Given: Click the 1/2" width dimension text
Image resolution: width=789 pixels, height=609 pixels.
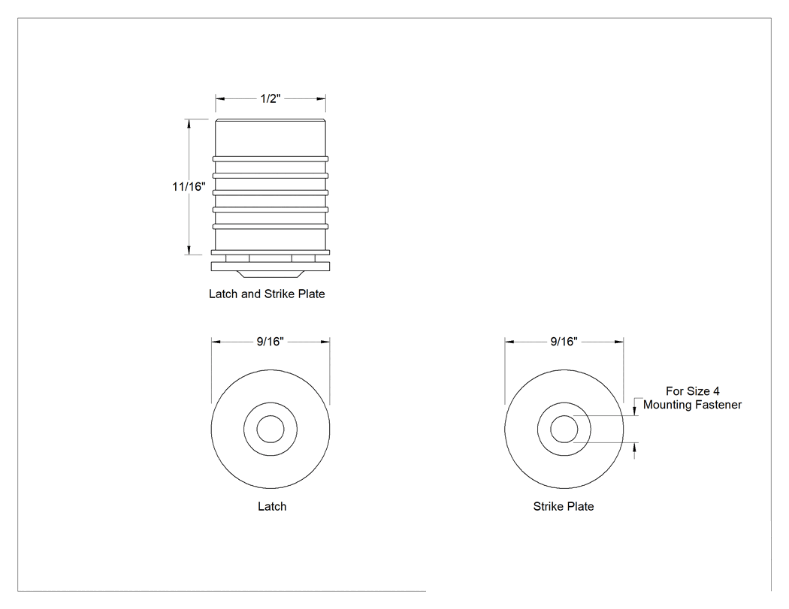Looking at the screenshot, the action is [271, 98].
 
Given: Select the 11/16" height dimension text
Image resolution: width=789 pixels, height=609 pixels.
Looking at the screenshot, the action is [189, 186].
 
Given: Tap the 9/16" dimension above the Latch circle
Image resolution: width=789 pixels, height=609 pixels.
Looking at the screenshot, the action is [271, 342].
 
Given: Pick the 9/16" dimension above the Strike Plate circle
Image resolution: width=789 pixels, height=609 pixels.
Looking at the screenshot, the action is [564, 342].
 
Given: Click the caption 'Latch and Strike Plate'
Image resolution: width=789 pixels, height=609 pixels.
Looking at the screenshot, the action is [267, 294].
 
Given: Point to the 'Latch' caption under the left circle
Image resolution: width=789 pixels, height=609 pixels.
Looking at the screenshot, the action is [272, 506].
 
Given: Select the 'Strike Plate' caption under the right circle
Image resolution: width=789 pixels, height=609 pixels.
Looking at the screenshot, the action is [564, 506].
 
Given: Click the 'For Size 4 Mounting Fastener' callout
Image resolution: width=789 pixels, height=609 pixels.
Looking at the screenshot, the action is [692, 398].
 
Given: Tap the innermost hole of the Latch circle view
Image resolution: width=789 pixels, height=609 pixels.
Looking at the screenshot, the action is [271, 429].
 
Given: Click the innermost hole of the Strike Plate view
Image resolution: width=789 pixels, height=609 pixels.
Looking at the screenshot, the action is [564, 429].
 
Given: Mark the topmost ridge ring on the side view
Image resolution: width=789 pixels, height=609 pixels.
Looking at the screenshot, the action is [271, 159].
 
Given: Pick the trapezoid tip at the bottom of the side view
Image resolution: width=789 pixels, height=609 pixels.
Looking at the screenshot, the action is [271, 274].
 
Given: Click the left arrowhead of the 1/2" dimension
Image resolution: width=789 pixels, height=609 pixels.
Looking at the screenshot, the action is [220, 98].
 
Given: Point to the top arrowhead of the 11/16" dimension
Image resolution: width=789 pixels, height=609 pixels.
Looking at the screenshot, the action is [189, 124].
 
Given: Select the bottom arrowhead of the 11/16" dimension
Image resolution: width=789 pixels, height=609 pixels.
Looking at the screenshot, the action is [189, 250].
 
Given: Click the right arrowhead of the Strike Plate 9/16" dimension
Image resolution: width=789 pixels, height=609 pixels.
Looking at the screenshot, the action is [619, 342].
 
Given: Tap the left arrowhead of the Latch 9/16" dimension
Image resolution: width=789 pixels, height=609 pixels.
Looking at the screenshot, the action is [216, 342].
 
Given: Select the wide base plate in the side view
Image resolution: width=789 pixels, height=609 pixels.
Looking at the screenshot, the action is [271, 266].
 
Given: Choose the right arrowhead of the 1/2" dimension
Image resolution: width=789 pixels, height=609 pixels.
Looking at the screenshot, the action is [321, 98].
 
